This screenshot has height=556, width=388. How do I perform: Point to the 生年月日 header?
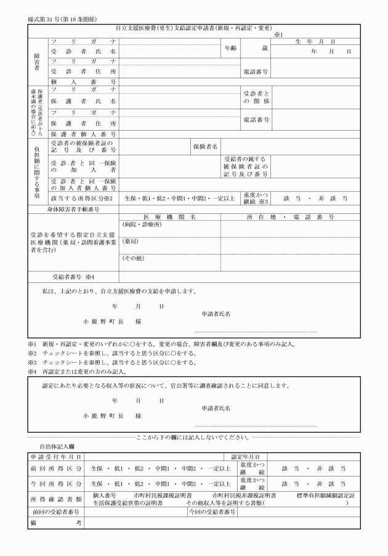click(x=315, y=41)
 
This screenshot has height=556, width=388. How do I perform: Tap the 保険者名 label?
click(x=206, y=147)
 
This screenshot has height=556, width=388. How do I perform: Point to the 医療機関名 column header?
click(x=169, y=217)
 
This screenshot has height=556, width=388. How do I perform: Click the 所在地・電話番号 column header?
click(x=290, y=217)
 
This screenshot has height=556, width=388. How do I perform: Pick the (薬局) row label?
click(x=130, y=242)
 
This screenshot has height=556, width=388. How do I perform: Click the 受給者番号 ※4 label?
click(x=73, y=276)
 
